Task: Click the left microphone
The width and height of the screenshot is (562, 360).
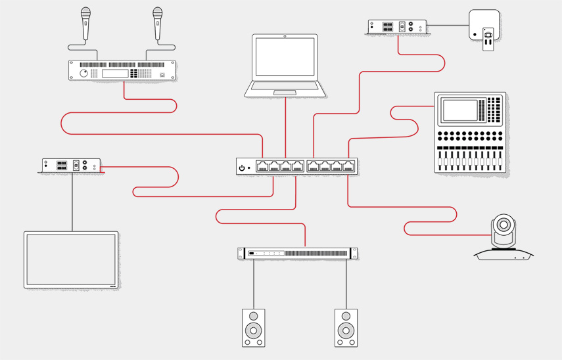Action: pyautogui.click(x=85, y=23)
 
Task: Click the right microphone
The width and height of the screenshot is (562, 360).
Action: pyautogui.click(x=158, y=23)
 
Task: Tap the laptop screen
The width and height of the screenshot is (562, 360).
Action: pyautogui.click(x=285, y=57)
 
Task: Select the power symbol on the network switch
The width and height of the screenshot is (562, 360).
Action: pyautogui.click(x=242, y=168)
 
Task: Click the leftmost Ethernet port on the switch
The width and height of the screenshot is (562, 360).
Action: pyautogui.click(x=262, y=166)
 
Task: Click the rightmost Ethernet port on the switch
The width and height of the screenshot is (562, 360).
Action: pyautogui.click(x=348, y=166)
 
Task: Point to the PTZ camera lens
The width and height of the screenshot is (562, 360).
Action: pyautogui.click(x=503, y=225)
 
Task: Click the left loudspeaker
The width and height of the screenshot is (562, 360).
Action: pyautogui.click(x=253, y=327)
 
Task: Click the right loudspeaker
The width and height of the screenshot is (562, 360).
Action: pyautogui.click(x=346, y=327)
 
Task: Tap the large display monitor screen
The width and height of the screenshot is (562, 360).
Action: pyautogui.click(x=71, y=259)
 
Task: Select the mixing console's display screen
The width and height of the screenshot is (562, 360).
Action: pyautogui.click(x=460, y=110)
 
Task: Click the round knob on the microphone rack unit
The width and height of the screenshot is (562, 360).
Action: pyautogui.click(x=84, y=74)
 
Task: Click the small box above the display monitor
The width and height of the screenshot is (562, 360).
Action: pyautogui.click(x=71, y=166)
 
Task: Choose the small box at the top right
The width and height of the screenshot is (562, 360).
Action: pyautogui.click(x=397, y=27)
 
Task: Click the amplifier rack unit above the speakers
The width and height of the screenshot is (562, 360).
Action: pyautogui.click(x=298, y=253)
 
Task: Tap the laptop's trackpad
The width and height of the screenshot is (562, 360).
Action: pyautogui.click(x=285, y=93)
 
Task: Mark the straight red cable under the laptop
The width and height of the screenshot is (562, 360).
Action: pyautogui.click(x=285, y=128)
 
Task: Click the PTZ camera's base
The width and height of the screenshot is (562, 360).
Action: pyautogui.click(x=504, y=254)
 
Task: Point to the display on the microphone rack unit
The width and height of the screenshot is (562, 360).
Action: pyautogui.click(x=114, y=73)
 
